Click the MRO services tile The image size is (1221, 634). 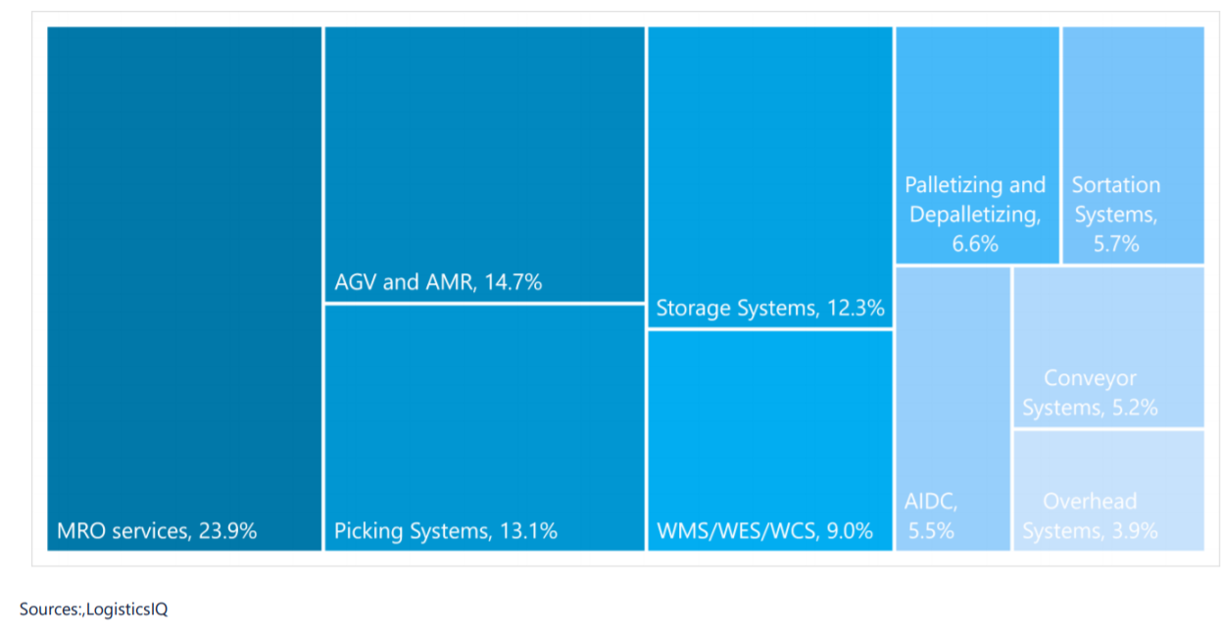pos(184,288)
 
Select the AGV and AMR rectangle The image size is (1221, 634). pos(484,164)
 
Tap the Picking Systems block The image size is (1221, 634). pos(484,426)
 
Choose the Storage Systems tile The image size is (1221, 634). pos(770,176)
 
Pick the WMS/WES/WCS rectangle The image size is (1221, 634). pos(770,440)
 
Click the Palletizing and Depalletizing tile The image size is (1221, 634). pos(977,145)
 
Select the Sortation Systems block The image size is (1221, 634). pos(1133,145)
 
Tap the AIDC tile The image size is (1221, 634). pos(952,408)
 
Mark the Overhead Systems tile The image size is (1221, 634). pos(1107,489)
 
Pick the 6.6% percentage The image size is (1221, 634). pos(975,244)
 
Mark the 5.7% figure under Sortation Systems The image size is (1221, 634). pos(1116,244)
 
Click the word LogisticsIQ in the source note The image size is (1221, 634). pos(127,610)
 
